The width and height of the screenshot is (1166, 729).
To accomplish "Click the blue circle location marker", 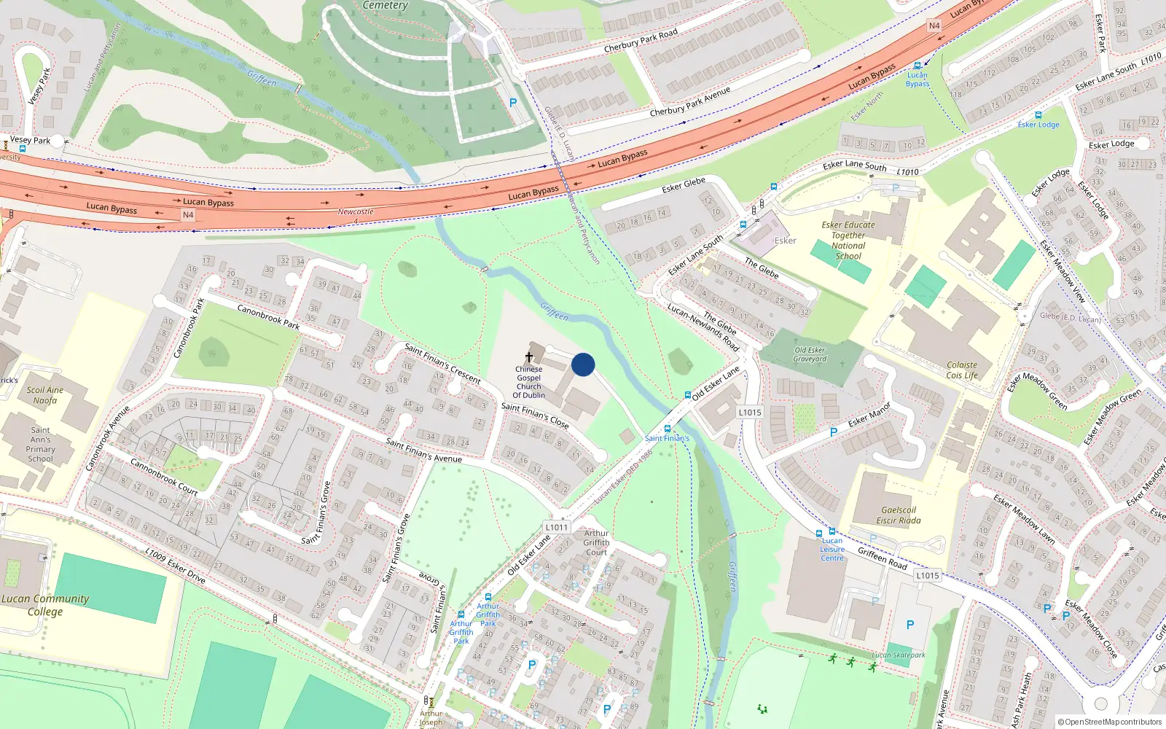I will (x=583, y=364).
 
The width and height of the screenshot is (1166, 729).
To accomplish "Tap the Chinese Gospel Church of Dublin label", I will (x=529, y=382).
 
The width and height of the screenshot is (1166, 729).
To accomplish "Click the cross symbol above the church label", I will (x=529, y=357).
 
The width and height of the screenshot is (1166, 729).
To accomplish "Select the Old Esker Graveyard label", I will (x=810, y=354).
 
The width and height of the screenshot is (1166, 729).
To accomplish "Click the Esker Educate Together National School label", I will (x=848, y=241).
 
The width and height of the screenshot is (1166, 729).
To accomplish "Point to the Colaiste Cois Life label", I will (x=962, y=370).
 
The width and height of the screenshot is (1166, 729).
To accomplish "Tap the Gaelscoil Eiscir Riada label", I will (x=899, y=515).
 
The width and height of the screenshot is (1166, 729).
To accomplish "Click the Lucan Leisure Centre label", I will (x=832, y=550).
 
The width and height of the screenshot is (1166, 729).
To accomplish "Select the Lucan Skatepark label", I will (x=899, y=655).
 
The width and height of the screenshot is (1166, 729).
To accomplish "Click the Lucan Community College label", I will (x=45, y=605).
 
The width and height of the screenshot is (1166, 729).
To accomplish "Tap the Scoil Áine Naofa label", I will (x=45, y=395).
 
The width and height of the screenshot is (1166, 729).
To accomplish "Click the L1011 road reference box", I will (x=556, y=527).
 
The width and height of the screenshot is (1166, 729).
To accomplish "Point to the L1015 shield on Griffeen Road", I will (x=927, y=575).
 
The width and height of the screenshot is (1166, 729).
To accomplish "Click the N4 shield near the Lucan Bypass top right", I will (x=934, y=26).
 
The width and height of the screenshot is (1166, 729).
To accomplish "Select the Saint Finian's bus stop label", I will (x=667, y=438).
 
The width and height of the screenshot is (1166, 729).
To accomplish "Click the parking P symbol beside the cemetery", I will (x=513, y=103).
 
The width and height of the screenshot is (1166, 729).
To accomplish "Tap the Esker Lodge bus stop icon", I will (x=1038, y=115).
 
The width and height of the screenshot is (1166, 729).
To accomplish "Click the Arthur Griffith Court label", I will (x=596, y=542).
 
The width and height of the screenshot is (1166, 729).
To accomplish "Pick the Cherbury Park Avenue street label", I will (x=689, y=102).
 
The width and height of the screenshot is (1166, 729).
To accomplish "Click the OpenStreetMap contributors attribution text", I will (x=1109, y=722).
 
